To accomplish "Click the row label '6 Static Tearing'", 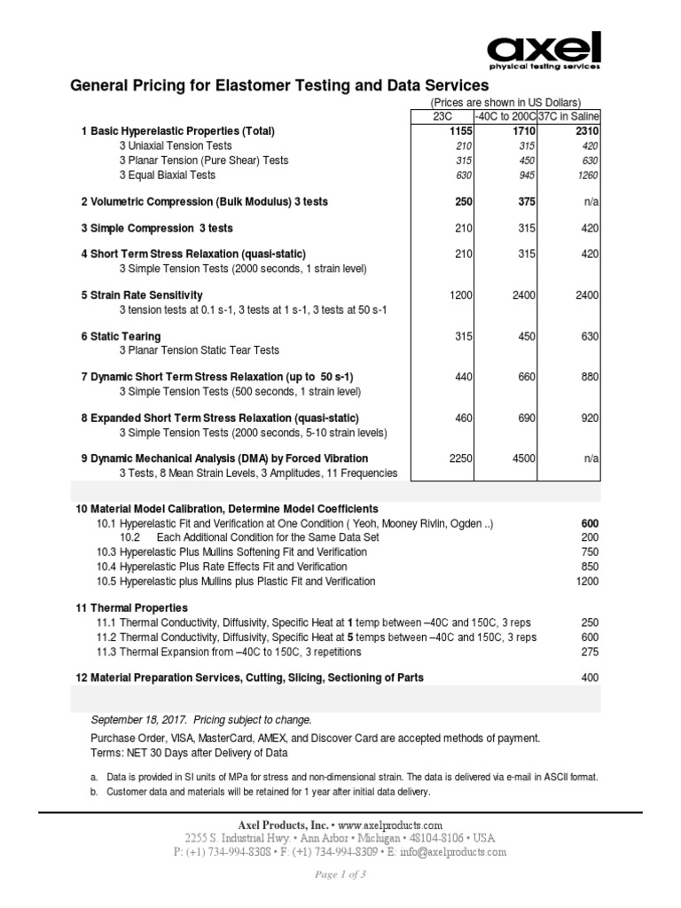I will (121, 336).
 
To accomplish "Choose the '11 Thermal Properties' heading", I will (131, 607).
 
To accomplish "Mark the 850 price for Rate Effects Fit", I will (589, 566).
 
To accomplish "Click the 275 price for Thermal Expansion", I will (589, 652).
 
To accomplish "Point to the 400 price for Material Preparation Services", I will (589, 677).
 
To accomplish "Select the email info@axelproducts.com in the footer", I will (444, 852).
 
